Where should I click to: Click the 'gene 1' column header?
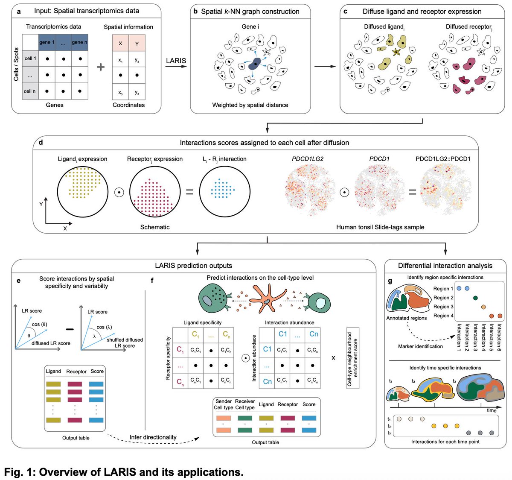47,42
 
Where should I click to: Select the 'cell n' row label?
30,91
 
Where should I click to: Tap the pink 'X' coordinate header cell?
120,43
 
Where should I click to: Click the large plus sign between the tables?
101,67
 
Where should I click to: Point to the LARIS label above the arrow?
176,61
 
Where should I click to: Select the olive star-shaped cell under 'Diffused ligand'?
396,52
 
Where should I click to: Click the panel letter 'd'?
41,142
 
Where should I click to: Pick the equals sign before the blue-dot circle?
189,192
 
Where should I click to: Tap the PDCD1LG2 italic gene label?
308,159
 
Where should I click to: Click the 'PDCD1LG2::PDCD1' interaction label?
443,159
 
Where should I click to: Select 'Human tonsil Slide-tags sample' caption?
380,227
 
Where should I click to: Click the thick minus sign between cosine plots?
70,329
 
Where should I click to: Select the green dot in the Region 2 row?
475,298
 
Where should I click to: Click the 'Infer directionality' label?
153,437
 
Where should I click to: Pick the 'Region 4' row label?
443,316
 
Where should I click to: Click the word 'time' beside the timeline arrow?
492,410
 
